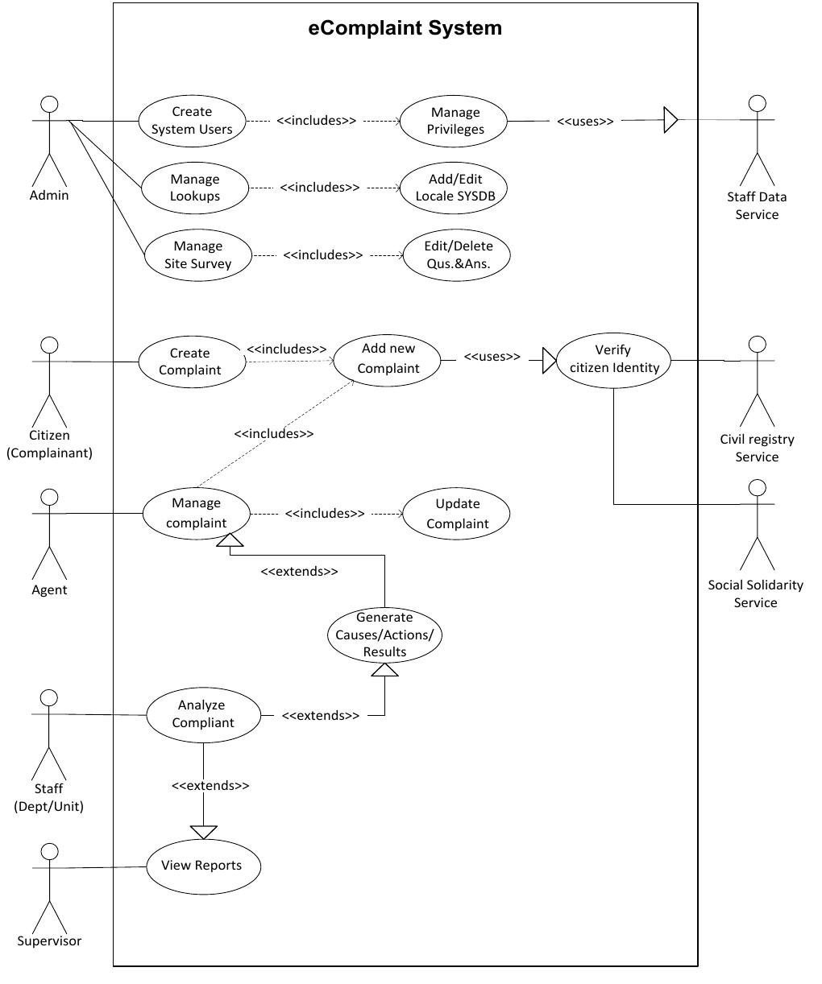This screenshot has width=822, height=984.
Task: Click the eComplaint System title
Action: (405, 28)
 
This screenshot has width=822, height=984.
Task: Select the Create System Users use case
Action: (192, 121)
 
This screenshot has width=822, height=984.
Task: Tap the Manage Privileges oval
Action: (455, 121)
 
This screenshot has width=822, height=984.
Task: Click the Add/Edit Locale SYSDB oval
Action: (455, 188)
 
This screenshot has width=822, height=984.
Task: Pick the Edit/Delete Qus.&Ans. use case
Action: (458, 254)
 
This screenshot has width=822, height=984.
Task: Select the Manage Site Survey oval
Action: (197, 255)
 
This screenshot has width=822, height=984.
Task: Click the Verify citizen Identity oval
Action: (613, 359)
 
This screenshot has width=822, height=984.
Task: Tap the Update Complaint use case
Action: (457, 514)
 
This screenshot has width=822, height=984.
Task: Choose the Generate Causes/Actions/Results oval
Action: (384, 635)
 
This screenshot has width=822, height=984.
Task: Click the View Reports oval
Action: (204, 866)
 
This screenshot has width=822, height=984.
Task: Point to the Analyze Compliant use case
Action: (203, 714)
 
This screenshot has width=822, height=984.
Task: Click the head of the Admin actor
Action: (50, 104)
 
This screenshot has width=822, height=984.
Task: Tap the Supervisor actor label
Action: (49, 941)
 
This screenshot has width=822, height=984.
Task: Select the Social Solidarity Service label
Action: (755, 593)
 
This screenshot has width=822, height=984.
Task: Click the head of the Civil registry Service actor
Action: (756, 345)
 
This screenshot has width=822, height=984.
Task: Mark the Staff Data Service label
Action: (756, 205)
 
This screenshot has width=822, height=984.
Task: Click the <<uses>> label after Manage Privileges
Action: (585, 122)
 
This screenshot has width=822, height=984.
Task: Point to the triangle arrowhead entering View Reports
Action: (204, 832)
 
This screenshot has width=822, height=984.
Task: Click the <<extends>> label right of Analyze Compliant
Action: (321, 715)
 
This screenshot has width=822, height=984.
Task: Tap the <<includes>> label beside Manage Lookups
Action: (320, 188)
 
